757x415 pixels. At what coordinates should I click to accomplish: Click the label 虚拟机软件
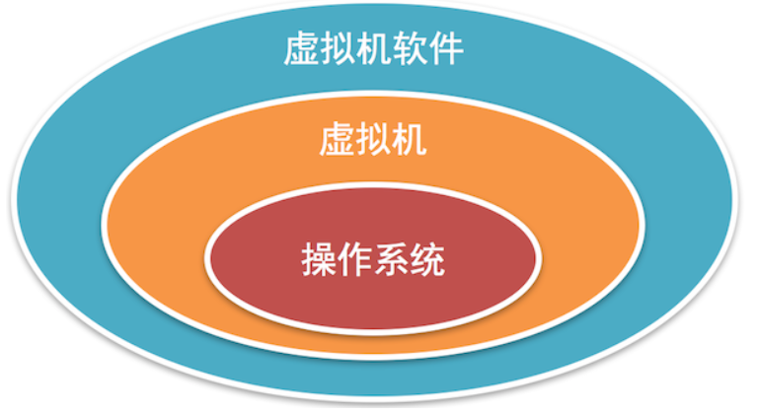[372, 47]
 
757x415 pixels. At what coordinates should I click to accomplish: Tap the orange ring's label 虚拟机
[372, 140]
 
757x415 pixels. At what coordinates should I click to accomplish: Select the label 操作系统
[372, 261]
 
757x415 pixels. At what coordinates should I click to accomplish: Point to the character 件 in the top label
[443, 47]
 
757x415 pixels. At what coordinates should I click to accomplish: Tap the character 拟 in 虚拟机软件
[337, 47]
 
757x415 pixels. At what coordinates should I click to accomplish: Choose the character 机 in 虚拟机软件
[372, 47]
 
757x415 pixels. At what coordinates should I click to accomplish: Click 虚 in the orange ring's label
[337, 140]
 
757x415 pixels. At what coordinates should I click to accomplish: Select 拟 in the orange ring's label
[372, 140]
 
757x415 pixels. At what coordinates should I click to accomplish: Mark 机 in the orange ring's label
[409, 140]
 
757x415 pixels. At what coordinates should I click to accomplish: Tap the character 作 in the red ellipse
[354, 261]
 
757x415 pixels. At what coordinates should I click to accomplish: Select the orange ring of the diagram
[158, 237]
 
